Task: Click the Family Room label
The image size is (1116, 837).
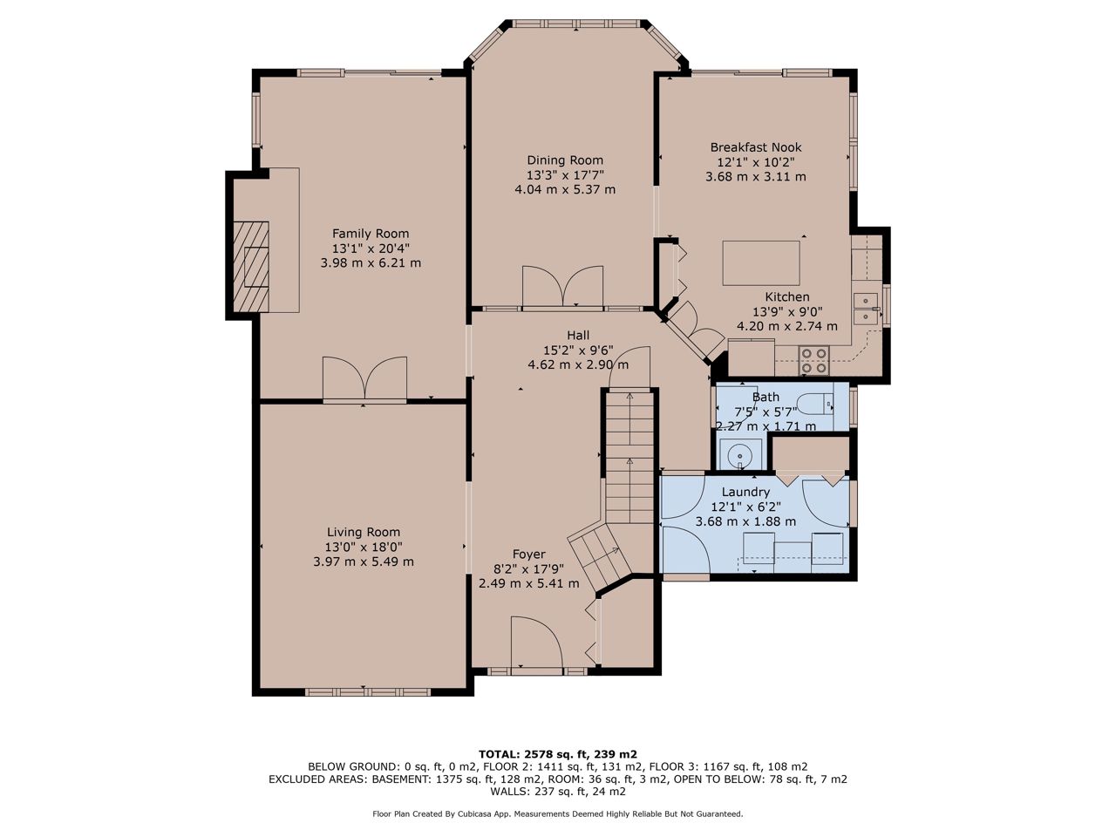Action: coord(371,234)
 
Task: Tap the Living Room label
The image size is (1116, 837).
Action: coord(363,532)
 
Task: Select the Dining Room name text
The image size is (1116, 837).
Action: coord(565,160)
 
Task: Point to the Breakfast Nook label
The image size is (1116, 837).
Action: coord(756,147)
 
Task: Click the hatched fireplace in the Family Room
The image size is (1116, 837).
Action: coord(251,266)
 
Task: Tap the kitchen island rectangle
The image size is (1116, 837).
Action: coord(760,263)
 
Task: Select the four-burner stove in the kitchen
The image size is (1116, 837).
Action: coord(813,360)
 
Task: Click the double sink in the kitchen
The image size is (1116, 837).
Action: coord(866,309)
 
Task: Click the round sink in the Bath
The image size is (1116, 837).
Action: coord(739,454)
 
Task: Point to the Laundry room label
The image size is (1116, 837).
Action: coord(745,492)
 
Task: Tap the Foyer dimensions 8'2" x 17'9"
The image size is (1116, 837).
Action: coord(528,568)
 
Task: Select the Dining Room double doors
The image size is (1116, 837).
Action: coord(563,287)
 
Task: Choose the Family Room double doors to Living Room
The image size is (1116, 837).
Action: coord(364,378)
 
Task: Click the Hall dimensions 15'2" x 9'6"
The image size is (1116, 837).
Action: coord(578,350)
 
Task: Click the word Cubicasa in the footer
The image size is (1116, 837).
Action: coord(480,813)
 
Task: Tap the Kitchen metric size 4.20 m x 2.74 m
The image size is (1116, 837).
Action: coord(787,326)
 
